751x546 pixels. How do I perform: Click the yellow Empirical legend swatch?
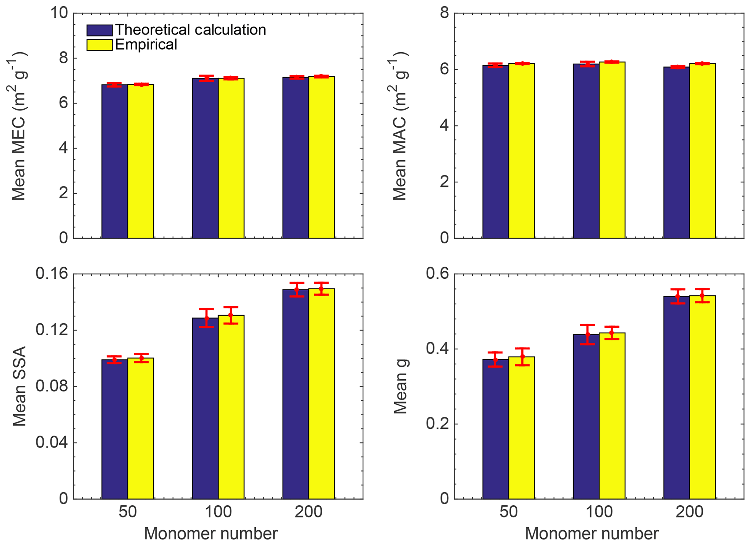[x=99, y=45]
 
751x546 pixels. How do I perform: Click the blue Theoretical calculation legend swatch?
[x=99, y=30]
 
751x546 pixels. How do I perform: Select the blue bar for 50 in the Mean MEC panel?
[x=114, y=162]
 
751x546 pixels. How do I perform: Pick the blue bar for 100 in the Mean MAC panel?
[x=586, y=151]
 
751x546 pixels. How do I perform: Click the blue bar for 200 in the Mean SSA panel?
[x=296, y=394]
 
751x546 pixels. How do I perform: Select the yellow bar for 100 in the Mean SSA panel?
[x=231, y=407]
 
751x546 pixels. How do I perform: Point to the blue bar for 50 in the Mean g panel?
[x=496, y=429]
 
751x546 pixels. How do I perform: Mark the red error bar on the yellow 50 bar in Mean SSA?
[x=141, y=358]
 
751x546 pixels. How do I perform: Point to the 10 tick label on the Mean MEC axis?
[x=59, y=13]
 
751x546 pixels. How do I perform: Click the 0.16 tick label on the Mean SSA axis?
[x=52, y=274]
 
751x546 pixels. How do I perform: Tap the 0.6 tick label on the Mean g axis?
[x=437, y=274]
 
